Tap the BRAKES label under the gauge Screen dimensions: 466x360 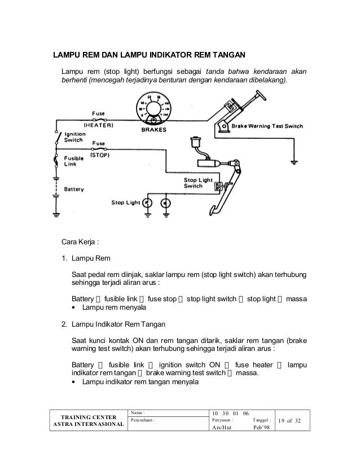(153, 129)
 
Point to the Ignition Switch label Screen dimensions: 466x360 (74, 137)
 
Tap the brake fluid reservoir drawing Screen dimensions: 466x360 (197, 142)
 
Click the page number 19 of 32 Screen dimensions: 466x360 (291, 419)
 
